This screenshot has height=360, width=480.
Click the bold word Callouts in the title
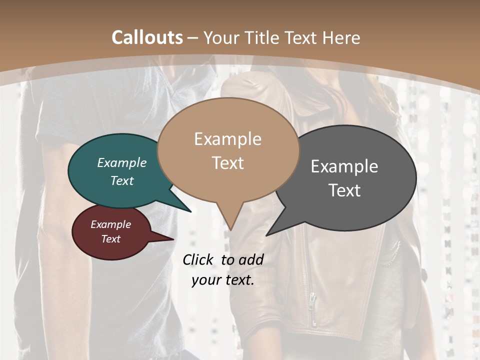click(147, 37)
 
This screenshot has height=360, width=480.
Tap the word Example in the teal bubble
click(122, 162)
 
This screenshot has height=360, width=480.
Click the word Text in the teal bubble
click(122, 180)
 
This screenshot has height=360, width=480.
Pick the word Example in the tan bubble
click(227, 139)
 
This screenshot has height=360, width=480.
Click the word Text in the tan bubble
click(227, 163)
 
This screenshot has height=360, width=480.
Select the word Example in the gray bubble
click(344, 166)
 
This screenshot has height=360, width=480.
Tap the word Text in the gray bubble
click(344, 190)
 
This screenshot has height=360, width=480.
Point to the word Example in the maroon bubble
click(110, 224)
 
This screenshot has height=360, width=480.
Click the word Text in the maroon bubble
click(110, 239)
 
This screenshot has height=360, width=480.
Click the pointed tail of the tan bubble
click(230, 227)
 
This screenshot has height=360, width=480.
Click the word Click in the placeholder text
click(198, 259)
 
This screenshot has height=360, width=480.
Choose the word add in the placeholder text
click(251, 259)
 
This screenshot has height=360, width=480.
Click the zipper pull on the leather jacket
click(312, 300)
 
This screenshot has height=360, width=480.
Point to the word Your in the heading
click(220, 37)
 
